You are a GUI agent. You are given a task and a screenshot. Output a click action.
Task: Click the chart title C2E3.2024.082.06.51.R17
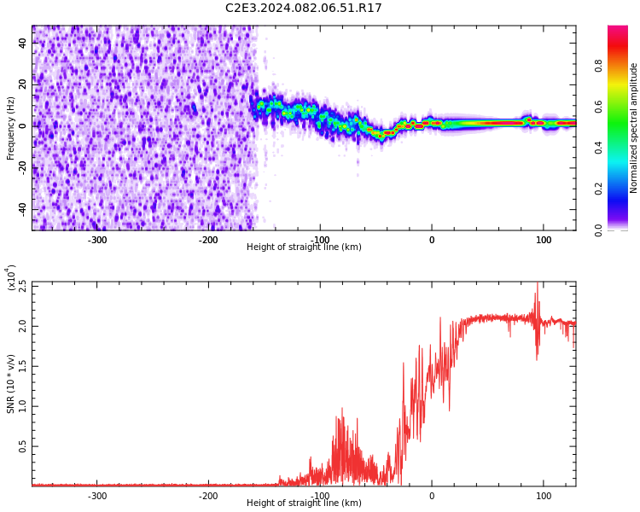303,8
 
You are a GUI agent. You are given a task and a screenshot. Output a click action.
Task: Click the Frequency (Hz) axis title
10,128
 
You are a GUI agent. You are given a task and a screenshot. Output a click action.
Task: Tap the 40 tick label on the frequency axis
22,43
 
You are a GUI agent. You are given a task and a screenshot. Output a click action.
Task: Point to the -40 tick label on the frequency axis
22,210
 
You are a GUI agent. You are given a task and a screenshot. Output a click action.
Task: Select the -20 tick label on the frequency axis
22,168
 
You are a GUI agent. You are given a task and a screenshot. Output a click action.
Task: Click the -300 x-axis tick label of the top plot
96,240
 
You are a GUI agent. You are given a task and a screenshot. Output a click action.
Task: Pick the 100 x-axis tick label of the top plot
544,240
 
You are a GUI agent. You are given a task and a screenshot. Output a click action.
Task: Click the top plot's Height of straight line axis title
304,247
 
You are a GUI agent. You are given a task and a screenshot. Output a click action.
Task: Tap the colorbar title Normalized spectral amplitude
633,128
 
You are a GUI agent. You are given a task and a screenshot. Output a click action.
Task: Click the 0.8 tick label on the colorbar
598,66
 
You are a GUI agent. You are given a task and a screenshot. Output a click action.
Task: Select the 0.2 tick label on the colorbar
598,189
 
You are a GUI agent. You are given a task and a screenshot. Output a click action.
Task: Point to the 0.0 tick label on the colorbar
598,230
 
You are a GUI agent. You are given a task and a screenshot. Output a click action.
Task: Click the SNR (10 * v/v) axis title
10,384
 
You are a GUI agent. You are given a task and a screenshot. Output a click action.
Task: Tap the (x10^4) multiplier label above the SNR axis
11,277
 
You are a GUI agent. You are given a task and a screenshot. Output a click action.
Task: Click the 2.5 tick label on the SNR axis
22,286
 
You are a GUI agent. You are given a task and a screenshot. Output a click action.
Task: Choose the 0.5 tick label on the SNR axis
22,446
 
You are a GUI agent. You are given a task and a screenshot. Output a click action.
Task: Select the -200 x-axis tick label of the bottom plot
208,496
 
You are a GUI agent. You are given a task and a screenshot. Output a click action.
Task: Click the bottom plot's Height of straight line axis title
304,503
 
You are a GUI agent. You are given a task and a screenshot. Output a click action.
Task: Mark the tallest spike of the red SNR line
537,283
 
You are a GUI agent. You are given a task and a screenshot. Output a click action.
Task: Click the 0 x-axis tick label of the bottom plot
432,496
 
